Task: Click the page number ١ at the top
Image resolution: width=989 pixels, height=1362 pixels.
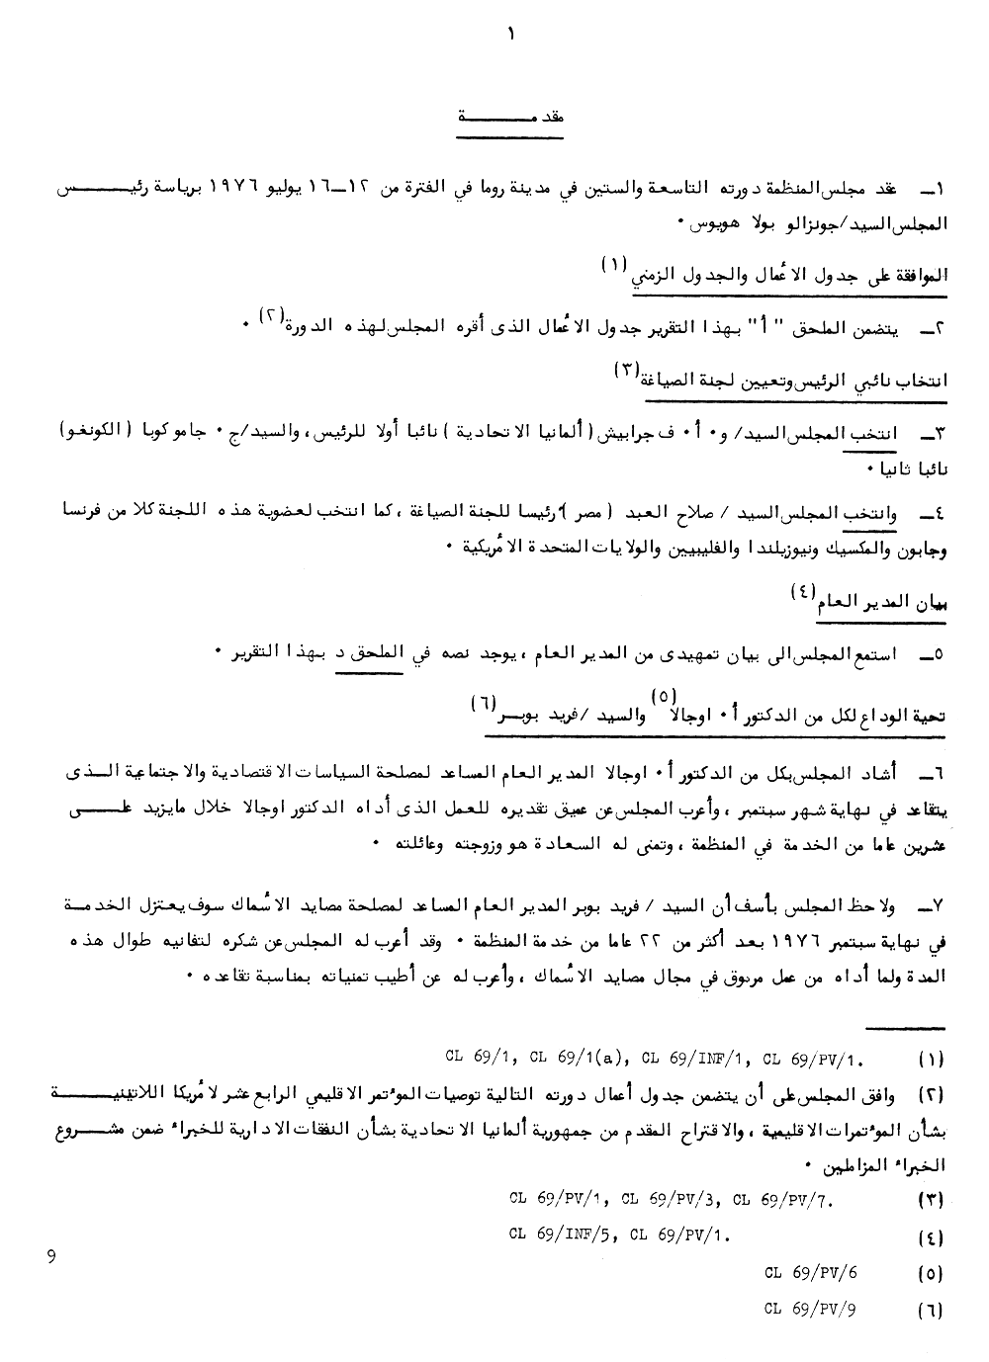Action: click(511, 35)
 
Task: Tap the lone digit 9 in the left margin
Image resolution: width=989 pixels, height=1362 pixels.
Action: click(50, 1257)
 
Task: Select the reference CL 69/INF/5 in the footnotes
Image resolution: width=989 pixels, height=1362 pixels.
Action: click(563, 1234)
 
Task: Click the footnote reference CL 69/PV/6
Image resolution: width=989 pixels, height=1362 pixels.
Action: click(810, 1273)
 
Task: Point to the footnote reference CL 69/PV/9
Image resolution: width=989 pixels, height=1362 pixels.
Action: click(810, 1310)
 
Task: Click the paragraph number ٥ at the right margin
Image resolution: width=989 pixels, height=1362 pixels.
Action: click(933, 654)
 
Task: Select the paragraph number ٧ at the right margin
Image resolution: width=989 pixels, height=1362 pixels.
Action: click(933, 905)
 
